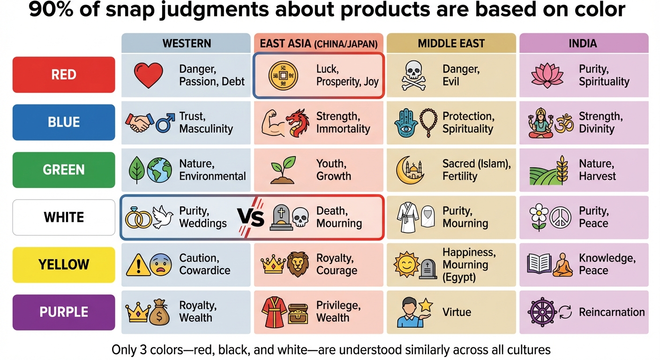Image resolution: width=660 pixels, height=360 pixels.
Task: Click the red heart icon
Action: (148, 75)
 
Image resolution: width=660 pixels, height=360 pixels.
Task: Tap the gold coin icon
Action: (283, 75)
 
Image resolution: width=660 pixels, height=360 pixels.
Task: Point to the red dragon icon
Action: (298, 123)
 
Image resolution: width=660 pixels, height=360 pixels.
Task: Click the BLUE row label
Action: (64, 122)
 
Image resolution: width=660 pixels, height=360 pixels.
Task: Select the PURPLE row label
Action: (64, 312)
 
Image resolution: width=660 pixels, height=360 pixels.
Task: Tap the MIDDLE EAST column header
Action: (451, 44)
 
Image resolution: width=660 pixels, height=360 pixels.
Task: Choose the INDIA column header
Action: (583, 44)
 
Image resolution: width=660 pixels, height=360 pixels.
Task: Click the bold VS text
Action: (250, 217)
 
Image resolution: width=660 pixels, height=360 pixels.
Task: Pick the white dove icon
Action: (164, 217)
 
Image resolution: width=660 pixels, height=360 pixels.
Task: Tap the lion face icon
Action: (298, 265)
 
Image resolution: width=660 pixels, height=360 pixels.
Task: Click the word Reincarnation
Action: (611, 312)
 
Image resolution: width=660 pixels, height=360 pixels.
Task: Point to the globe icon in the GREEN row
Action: (159, 170)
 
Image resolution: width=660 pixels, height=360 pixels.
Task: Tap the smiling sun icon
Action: (406, 265)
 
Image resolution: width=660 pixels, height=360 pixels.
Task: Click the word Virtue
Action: (457, 312)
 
